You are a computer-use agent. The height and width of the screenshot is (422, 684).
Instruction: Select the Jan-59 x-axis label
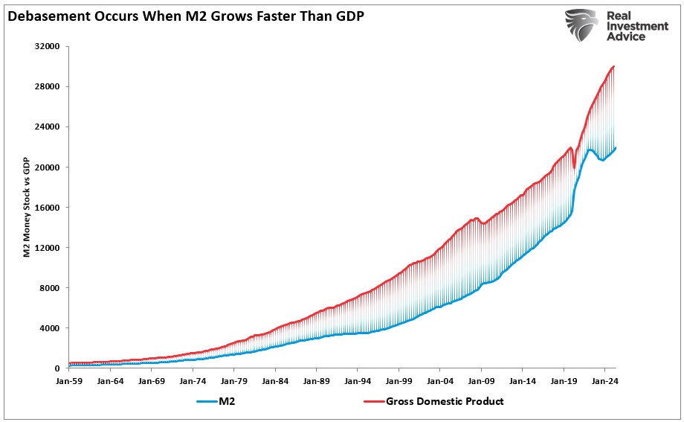click(69, 380)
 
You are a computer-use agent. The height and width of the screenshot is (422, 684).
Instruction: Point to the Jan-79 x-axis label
click(233, 380)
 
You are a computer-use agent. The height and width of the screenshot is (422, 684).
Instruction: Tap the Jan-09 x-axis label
click(480, 380)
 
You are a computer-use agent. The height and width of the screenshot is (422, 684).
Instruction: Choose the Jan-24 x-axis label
click(604, 380)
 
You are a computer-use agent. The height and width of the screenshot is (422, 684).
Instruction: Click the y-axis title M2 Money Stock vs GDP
click(26, 206)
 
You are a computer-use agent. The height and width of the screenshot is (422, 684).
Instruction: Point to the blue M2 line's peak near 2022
click(590, 150)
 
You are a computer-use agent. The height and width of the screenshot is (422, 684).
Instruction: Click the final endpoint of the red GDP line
click(614, 66)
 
